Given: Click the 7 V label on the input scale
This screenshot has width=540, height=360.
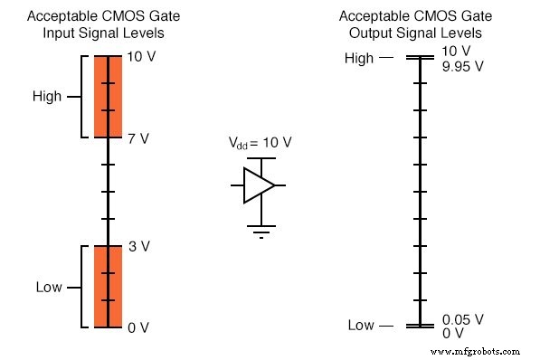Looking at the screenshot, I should (x=138, y=138).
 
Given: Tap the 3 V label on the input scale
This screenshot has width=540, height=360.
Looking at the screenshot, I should (x=138, y=246).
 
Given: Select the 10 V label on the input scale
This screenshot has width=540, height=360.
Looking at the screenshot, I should (x=142, y=57).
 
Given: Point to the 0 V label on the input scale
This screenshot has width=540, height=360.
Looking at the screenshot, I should (x=138, y=327).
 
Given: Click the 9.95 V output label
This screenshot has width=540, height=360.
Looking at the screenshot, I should (x=463, y=66).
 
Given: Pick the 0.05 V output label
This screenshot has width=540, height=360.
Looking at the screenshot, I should (x=463, y=319).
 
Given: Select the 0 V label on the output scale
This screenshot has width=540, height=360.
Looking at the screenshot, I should (x=452, y=333).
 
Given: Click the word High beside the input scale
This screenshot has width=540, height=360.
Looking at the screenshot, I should (x=46, y=97).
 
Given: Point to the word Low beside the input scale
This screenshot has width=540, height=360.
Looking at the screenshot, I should (x=48, y=288).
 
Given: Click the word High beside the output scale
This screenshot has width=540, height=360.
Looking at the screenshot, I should (x=359, y=58).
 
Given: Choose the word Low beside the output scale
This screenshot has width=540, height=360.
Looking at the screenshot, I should (x=362, y=326).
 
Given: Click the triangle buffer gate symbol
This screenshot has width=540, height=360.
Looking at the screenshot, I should (x=260, y=185).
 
